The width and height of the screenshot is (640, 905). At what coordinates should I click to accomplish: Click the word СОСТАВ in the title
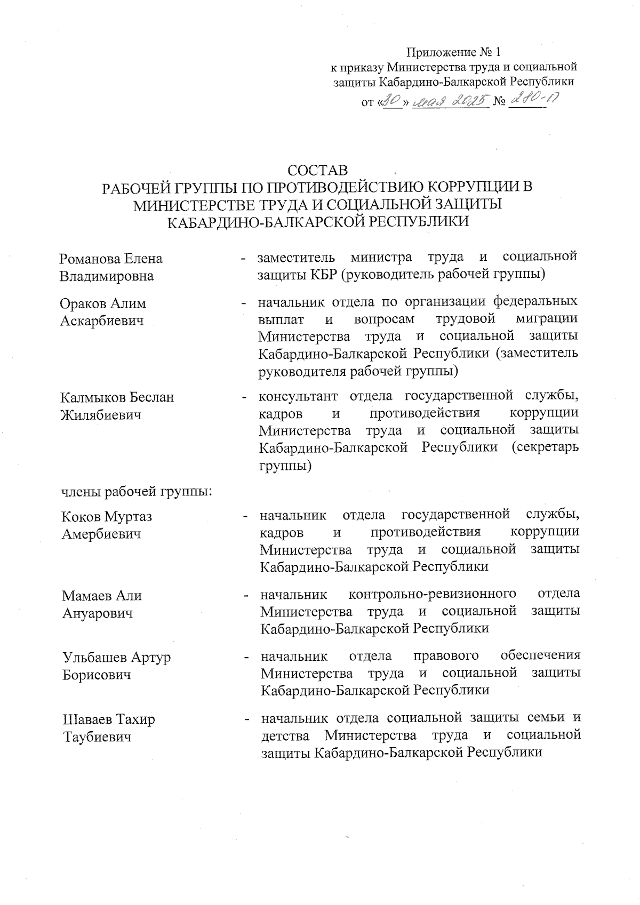pyautogui.click(x=317, y=170)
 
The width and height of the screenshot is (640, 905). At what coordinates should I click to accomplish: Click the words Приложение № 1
pyautogui.click(x=454, y=52)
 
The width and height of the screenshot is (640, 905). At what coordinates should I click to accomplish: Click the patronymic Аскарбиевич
pyautogui.click(x=102, y=321)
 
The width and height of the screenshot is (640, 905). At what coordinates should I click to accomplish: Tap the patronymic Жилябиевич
pyautogui.click(x=101, y=415)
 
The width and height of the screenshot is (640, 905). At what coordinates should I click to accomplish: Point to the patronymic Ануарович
pyautogui.click(x=97, y=613)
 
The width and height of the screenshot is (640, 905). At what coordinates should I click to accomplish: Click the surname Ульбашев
pyautogui.click(x=94, y=657)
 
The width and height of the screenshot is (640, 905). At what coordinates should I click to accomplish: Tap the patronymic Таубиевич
pyautogui.click(x=97, y=737)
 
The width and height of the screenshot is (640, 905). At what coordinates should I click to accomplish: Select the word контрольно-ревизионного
pyautogui.click(x=432, y=594)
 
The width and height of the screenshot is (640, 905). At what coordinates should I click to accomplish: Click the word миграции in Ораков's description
pyautogui.click(x=547, y=319)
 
